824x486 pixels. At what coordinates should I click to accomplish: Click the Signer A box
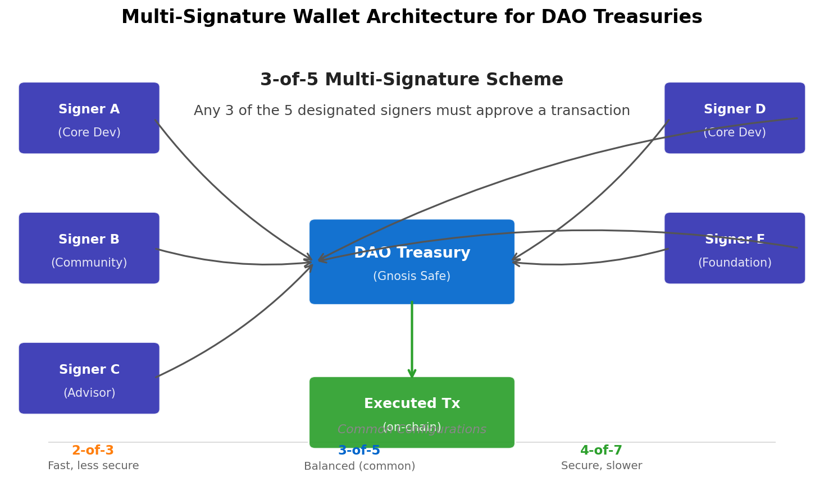pos(89,118)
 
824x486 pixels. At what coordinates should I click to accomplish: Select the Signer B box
pos(89,248)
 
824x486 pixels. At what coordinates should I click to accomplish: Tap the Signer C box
pos(89,378)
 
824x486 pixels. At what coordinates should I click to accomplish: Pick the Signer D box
pos(734,118)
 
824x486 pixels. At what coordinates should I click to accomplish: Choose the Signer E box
pos(734,248)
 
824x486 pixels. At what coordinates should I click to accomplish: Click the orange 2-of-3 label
pos(93,451)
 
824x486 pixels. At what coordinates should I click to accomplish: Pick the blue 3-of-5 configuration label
pos(359,451)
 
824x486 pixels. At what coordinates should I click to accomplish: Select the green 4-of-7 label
pos(601,451)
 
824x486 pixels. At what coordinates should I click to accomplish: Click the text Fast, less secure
pos(93,466)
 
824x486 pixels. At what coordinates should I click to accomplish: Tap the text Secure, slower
pos(602,466)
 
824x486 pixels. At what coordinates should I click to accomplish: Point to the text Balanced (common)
pos(359,466)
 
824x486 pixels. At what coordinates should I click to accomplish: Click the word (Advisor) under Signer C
pos(89,393)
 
